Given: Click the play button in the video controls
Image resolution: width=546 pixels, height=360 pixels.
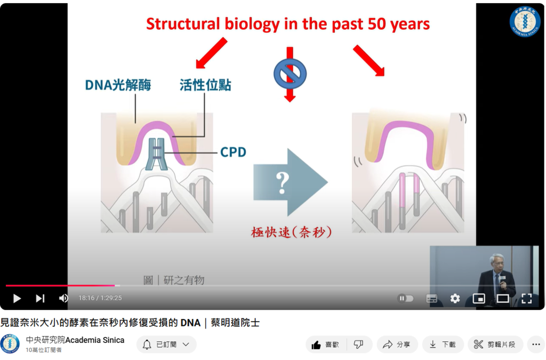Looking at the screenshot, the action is (x=17, y=298).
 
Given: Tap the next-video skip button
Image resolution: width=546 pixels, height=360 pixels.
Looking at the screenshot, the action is (x=40, y=298).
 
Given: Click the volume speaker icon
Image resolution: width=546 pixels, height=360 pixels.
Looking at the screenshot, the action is (x=63, y=298).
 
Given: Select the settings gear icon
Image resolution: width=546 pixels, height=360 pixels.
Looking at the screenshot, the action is (x=455, y=298).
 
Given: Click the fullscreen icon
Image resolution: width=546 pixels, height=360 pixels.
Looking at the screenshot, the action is (x=526, y=298).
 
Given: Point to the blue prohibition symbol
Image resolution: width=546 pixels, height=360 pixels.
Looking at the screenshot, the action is (x=290, y=74).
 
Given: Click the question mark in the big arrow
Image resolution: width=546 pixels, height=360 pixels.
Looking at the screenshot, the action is (x=282, y=182).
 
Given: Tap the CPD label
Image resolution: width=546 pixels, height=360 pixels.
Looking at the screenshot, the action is (x=234, y=152).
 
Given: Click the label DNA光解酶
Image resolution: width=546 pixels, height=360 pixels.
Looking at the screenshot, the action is (x=118, y=85).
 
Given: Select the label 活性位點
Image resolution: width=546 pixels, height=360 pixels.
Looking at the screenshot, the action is (x=205, y=85).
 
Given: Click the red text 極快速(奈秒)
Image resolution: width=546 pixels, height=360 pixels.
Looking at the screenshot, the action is (x=291, y=232).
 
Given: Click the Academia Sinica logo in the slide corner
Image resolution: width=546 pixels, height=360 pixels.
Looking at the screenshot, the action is (x=525, y=21).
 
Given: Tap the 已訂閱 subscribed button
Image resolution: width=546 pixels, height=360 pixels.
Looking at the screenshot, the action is (x=166, y=345).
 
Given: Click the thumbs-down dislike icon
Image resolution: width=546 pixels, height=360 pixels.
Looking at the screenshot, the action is (x=359, y=345).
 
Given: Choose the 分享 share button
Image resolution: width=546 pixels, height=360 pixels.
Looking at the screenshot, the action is (x=397, y=345).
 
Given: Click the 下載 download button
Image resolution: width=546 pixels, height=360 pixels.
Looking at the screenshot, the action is (x=443, y=345).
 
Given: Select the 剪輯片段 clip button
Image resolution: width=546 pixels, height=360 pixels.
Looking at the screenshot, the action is (x=495, y=345).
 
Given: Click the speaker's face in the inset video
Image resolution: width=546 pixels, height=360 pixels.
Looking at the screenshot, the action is (x=496, y=263).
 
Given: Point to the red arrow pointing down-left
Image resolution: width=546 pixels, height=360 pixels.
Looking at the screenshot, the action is (x=211, y=53).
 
